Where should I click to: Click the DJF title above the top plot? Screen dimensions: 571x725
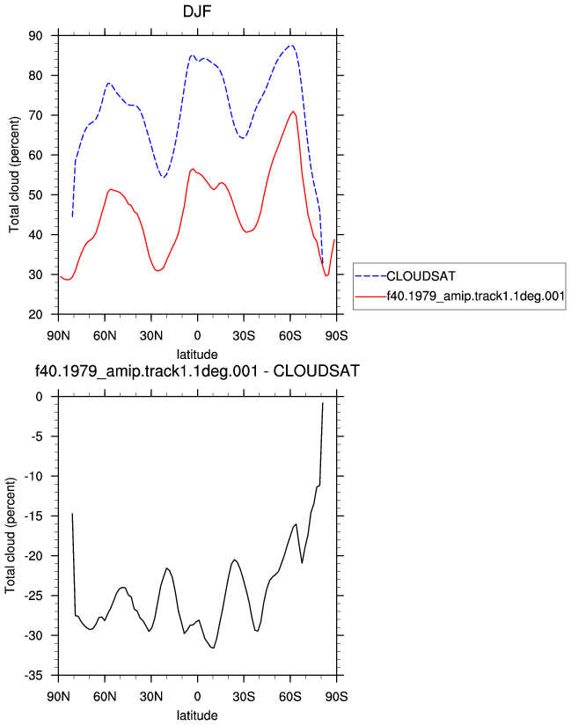coord(197,11)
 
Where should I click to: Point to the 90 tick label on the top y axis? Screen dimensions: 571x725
coord(35,35)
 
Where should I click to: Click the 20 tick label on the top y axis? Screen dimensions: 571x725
coord(35,314)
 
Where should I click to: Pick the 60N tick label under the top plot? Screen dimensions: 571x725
coord(105,335)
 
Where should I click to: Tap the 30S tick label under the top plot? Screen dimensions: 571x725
coord(244,335)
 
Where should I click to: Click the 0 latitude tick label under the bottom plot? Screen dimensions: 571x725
coord(197,696)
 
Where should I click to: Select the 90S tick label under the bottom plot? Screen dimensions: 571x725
coord(336,696)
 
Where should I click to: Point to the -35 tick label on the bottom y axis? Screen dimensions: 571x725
coord(33,676)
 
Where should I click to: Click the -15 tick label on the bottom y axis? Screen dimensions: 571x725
coord(33,516)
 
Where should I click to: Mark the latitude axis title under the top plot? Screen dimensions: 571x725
coord(197,355)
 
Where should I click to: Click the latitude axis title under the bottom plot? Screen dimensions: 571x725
coord(197,715)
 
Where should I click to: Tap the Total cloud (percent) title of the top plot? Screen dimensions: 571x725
coord(14,174)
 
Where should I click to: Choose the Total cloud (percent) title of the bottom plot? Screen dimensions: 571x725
coord(11,536)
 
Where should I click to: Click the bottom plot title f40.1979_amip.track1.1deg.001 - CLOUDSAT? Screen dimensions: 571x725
coord(197,370)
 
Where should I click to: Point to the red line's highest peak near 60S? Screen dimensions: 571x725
coord(293,112)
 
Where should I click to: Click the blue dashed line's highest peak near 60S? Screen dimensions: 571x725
coord(291,46)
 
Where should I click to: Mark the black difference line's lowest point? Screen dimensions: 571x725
coord(213,648)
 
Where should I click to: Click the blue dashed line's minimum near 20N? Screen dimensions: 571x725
coord(164,177)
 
